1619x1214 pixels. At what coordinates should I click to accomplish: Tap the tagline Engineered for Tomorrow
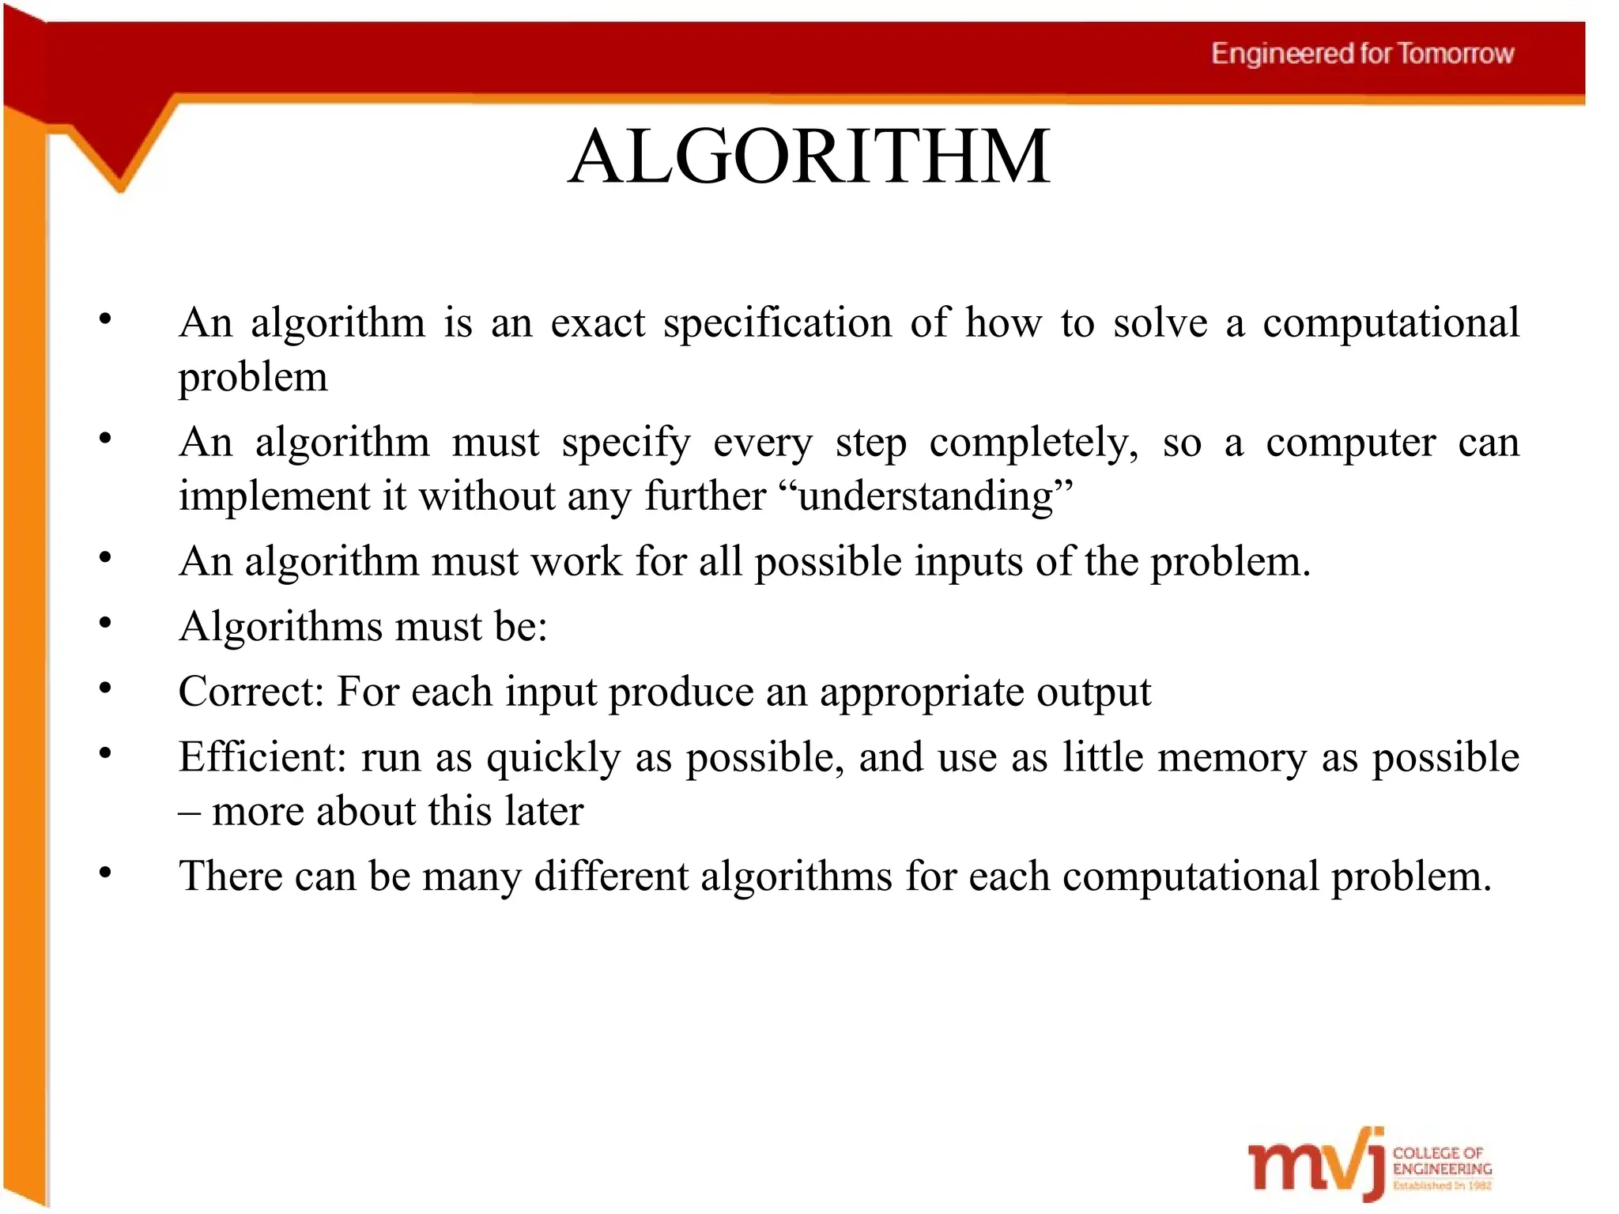tap(1362, 54)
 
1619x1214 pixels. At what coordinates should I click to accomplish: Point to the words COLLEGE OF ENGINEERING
tap(1441, 1161)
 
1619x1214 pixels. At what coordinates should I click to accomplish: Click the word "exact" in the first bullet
tap(598, 322)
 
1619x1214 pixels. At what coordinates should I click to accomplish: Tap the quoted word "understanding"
tap(926, 497)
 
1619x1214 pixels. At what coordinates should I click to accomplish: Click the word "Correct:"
tap(251, 692)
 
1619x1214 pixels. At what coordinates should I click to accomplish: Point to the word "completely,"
tap(1033, 443)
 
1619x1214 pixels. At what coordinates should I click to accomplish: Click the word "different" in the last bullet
tap(611, 877)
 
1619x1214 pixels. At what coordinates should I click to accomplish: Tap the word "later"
tap(545, 812)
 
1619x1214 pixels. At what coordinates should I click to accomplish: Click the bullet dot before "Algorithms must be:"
tap(105, 624)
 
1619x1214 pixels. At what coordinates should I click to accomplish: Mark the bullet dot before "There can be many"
tap(105, 873)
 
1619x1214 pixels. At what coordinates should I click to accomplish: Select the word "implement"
tap(274, 497)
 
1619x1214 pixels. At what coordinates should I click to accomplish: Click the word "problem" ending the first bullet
tap(253, 378)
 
